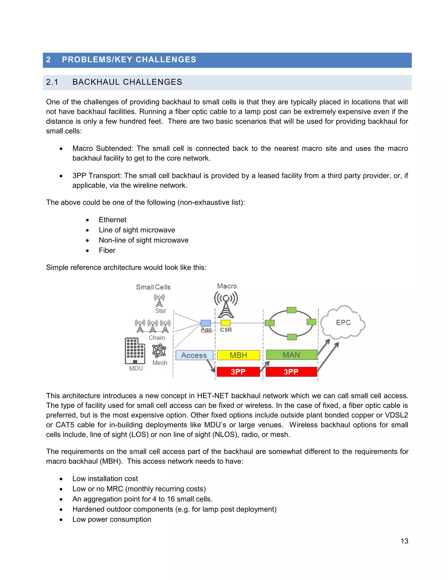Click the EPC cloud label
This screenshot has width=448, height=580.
coord(343,322)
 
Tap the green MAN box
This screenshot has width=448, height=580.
coord(291,355)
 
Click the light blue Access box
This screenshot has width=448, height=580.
coord(194,355)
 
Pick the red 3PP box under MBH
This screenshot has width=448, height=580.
coord(238,372)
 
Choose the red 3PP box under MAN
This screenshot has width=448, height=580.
coord(291,372)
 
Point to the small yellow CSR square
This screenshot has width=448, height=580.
coord(226,323)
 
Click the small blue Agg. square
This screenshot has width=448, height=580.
coord(206,323)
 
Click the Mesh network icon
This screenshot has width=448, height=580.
coord(159,351)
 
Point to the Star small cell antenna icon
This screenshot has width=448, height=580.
coord(159,300)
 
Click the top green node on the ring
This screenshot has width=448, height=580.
coord(291,310)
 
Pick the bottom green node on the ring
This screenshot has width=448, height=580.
coord(292,337)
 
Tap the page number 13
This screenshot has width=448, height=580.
coord(404,541)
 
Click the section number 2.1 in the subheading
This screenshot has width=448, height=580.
coord(52,82)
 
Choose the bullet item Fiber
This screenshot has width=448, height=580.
coord(107,250)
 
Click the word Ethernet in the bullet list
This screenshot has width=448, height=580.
coord(112,220)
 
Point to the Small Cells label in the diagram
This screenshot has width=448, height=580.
coord(153,287)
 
